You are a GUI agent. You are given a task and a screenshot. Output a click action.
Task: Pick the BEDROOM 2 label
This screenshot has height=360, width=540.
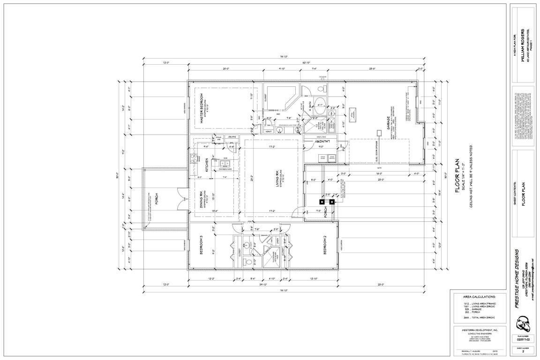point(325,247)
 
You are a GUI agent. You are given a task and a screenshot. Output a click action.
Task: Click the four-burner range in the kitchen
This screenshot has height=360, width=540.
point(193,158)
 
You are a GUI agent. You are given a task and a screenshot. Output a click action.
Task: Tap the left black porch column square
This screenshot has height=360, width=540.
point(322,202)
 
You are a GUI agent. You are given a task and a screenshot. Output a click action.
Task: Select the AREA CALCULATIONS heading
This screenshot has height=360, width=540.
point(479,297)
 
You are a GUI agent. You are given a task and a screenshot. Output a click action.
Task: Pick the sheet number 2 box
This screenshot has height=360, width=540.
point(523,352)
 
